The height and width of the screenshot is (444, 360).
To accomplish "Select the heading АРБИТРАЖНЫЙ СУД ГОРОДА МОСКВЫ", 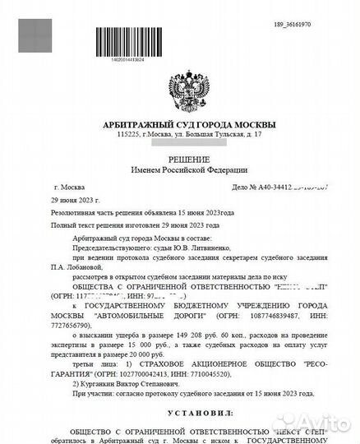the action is coord(180,124).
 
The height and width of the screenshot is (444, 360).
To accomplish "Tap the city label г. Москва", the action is coord(69,187).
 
